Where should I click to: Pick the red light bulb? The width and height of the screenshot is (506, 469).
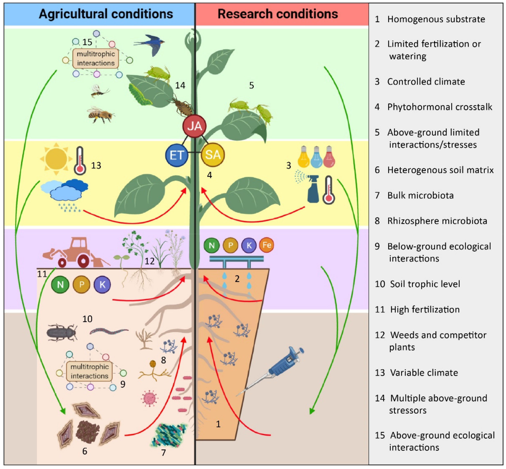pyautogui.click(x=329, y=157)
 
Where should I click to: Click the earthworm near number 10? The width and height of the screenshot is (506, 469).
pyautogui.click(x=109, y=331)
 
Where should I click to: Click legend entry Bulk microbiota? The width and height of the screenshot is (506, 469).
pyautogui.click(x=420, y=195)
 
